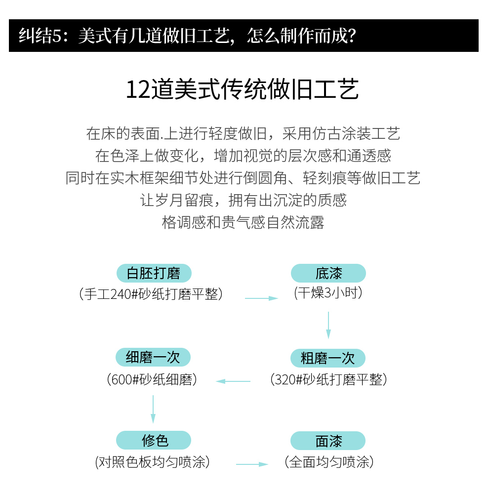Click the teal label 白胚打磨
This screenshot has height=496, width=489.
[154, 273]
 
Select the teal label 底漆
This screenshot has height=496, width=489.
[328, 273]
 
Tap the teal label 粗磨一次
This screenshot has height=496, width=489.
[328, 358]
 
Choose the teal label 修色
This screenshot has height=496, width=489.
[154, 440]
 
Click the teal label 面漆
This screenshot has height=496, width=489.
[328, 441]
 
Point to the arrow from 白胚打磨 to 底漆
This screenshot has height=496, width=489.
[262, 298]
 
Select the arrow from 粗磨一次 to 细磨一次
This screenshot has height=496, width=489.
[233, 381]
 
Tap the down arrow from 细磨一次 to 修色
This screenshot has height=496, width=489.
[153, 408]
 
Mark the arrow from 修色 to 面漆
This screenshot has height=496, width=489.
[252, 464]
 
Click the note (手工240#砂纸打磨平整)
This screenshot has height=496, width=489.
[151, 294]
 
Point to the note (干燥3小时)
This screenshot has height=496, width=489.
[328, 293]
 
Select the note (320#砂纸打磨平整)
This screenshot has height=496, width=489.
[328, 380]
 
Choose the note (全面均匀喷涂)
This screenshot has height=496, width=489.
[329, 462]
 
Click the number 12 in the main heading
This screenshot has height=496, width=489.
[138, 90]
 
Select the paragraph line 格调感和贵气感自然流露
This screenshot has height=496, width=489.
[243, 222]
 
